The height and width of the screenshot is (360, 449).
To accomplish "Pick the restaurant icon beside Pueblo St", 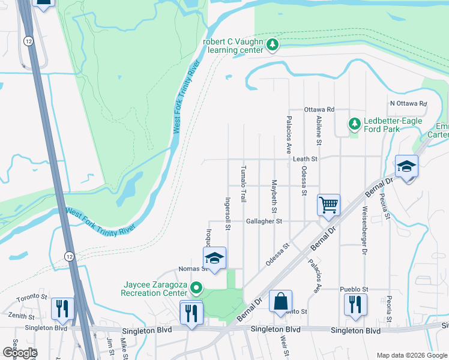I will pos(355,304).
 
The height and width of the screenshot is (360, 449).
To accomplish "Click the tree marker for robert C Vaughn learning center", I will pos(273,45).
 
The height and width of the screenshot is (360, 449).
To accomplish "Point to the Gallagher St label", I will pos(264,221).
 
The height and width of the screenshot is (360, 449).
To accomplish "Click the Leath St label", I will pos(305,159).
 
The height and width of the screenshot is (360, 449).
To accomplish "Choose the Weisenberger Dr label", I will pos(364,230).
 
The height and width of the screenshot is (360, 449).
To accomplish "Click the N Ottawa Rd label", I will pos(408,103).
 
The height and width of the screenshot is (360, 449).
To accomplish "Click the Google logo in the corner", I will pos(19,352).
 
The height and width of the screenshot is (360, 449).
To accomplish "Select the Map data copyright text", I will pos(411,355).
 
